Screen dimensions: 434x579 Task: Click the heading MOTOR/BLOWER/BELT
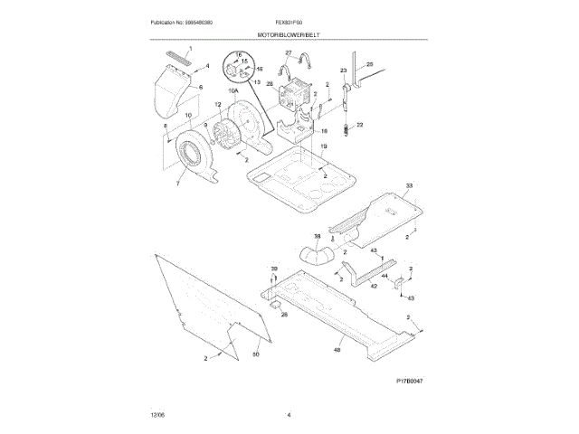click(289, 33)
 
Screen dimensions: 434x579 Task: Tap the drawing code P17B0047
click(410, 381)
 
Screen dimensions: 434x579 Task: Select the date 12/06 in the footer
click(157, 414)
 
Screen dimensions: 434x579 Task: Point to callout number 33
click(409, 185)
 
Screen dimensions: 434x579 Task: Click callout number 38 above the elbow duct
click(317, 237)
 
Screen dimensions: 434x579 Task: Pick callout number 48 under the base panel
click(338, 350)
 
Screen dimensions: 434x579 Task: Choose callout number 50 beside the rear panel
click(255, 354)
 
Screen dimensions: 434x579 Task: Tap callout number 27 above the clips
click(289, 54)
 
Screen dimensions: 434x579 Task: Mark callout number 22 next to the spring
click(359, 124)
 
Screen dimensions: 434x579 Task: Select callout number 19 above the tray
click(323, 146)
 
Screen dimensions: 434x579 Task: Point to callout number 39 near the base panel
click(275, 269)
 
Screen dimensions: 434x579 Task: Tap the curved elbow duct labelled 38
click(316, 257)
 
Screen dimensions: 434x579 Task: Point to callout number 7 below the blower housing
click(177, 184)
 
